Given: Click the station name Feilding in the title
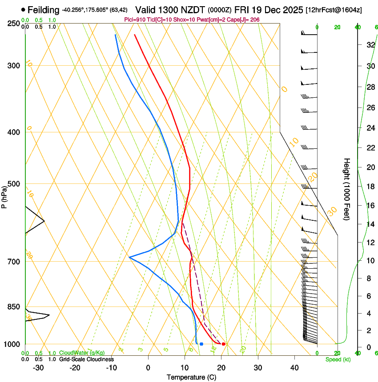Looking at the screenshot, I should [43, 10].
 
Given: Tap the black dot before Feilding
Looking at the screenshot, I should [23, 9].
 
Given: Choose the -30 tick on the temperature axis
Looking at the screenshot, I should [38, 368].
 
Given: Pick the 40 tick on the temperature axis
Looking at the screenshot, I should [294, 368].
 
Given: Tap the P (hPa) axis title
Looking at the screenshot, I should [4, 196].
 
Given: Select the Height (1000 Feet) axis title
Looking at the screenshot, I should [347, 189].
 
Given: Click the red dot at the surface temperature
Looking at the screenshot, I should [223, 344].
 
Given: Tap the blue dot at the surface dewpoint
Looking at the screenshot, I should [201, 344].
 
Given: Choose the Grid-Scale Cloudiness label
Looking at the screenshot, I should [86, 359].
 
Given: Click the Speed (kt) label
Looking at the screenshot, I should [338, 359].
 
